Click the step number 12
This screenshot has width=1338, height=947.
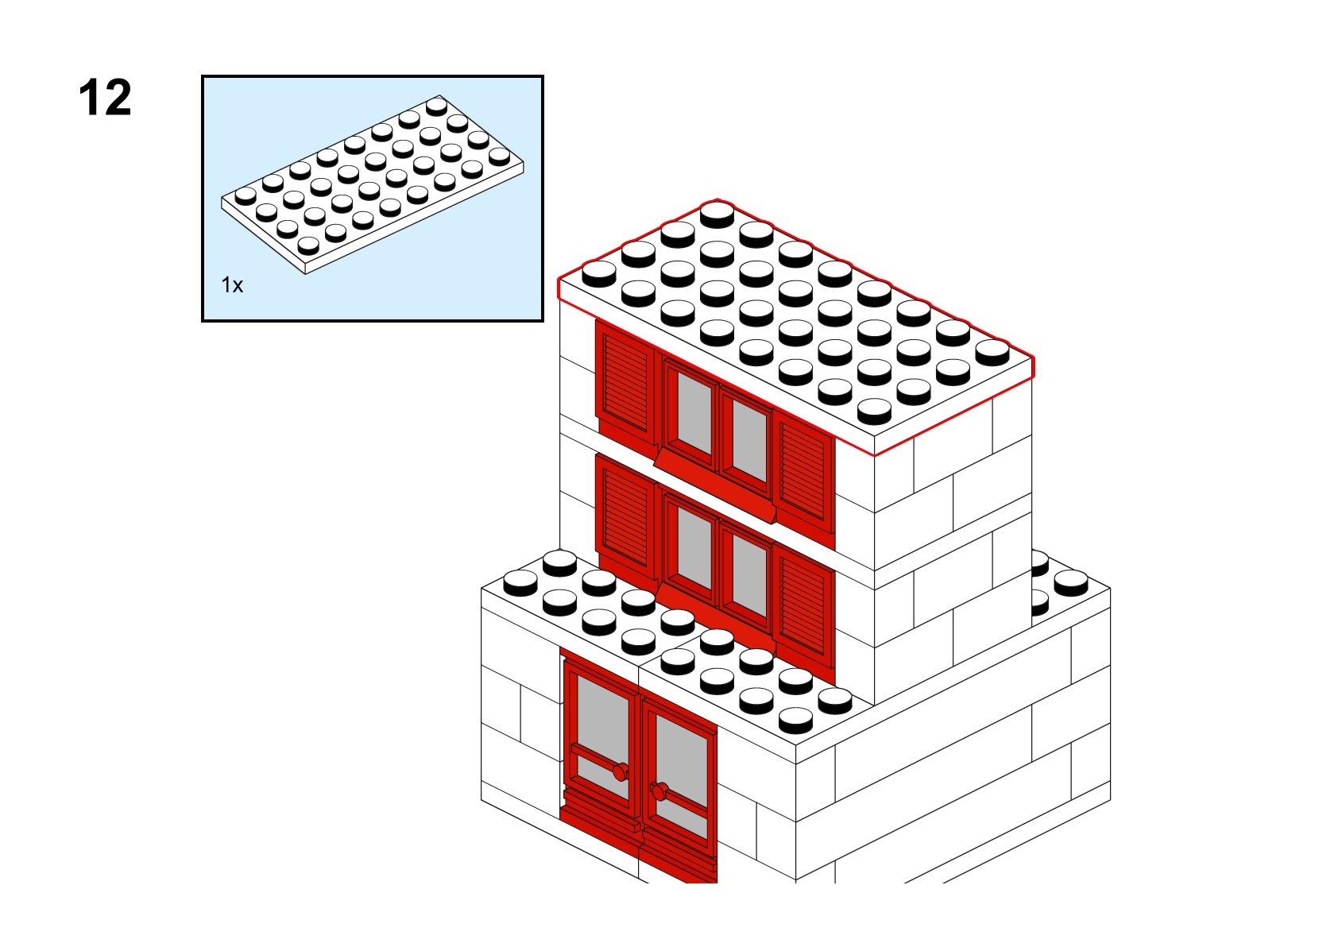(x=105, y=97)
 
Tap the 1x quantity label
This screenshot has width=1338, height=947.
(x=232, y=285)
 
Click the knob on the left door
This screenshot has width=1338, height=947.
(x=621, y=772)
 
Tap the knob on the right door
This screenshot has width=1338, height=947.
(x=659, y=792)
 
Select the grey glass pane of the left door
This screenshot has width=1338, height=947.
(x=603, y=737)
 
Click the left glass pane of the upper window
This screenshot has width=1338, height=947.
(x=694, y=412)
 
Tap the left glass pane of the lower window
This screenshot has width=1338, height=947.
(x=694, y=547)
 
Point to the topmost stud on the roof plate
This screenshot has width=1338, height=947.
(x=717, y=215)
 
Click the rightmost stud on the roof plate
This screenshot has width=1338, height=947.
(x=992, y=352)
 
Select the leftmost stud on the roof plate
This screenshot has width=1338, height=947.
(x=599, y=273)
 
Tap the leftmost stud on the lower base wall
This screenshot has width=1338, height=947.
(x=520, y=583)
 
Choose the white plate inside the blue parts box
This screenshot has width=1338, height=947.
(x=373, y=184)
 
